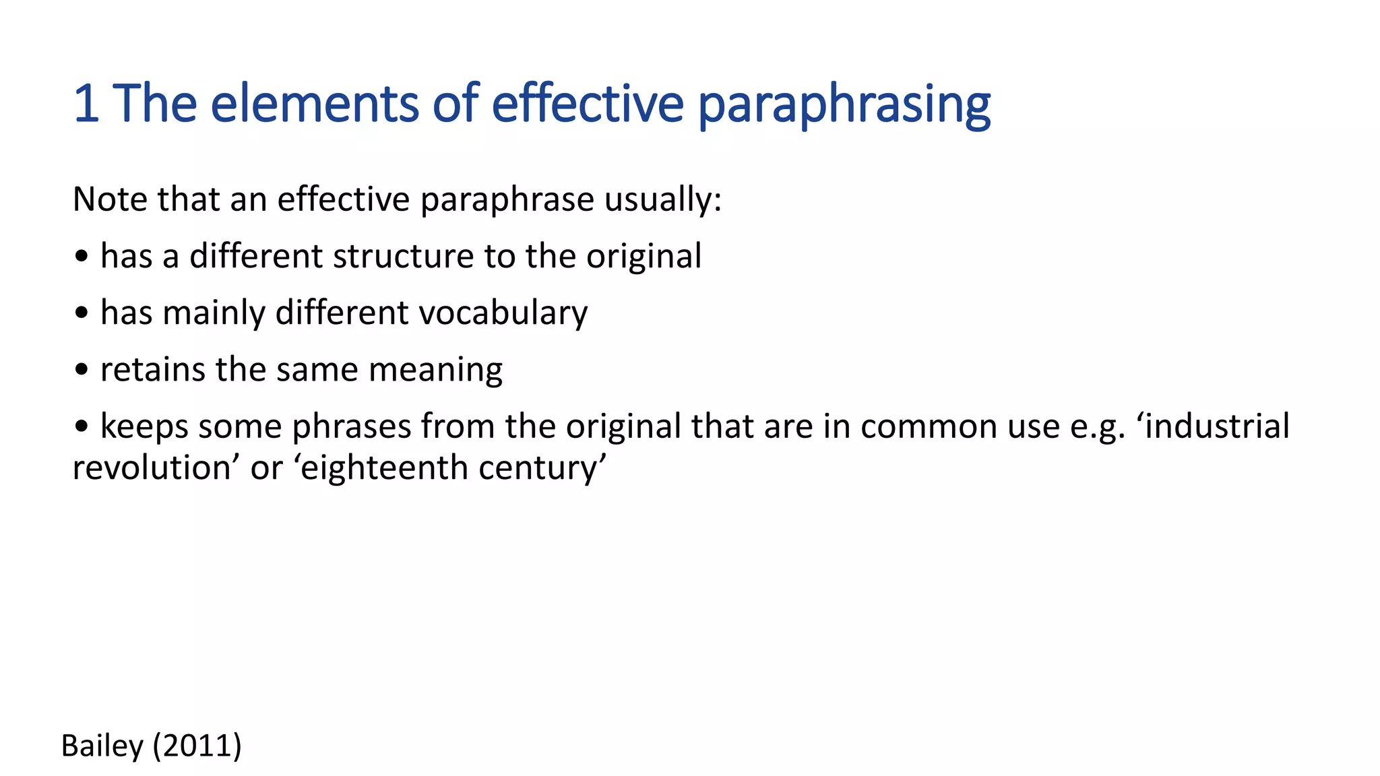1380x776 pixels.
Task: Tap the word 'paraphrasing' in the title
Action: pos(844,106)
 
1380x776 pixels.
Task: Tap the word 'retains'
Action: pos(152,370)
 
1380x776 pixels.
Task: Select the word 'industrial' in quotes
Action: pos(1217,426)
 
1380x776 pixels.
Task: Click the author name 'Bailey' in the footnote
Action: pos(102,746)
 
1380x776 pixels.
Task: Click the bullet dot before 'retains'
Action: pos(82,370)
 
